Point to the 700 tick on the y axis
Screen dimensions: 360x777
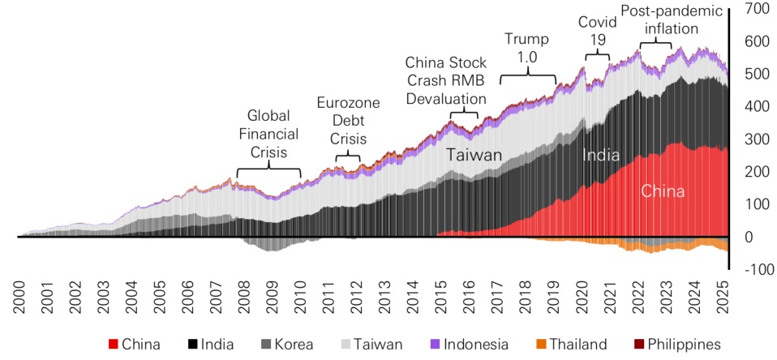click(753, 9)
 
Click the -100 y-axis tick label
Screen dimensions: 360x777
click(753, 270)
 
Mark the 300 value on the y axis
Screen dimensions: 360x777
click(753, 139)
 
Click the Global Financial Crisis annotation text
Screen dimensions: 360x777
click(273, 134)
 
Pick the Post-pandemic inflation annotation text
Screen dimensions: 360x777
click(671, 20)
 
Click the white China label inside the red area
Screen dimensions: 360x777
click(663, 192)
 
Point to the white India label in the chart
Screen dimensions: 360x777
click(601, 155)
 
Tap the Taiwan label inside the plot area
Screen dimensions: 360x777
click(475, 155)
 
